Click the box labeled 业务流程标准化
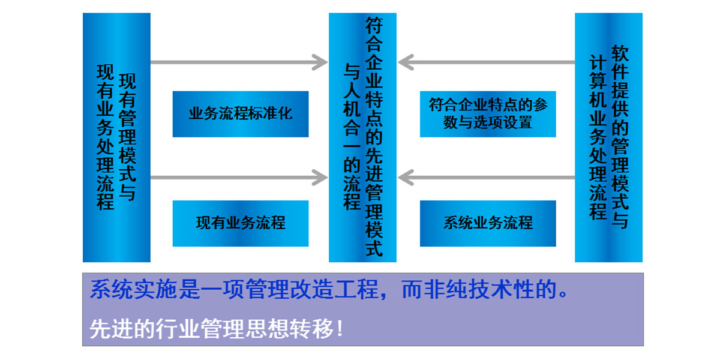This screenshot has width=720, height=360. tap(241, 114)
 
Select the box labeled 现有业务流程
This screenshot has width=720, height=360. tap(241, 223)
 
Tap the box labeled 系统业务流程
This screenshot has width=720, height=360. tap(488, 223)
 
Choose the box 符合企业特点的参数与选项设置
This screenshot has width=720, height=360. tap(488, 114)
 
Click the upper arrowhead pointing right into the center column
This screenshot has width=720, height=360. tap(320, 62)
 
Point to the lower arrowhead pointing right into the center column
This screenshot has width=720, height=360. tap(320, 178)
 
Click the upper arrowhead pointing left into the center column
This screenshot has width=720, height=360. tap(406, 62)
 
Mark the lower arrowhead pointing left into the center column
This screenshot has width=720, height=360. tap(406, 178)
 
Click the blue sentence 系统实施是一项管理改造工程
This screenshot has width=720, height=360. tap(235, 289)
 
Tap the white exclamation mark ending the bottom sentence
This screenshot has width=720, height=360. tap(340, 329)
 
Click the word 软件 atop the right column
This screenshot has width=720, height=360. tap(620, 62)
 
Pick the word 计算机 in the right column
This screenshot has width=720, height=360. tap(598, 82)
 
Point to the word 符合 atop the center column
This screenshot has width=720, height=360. tap(374, 35)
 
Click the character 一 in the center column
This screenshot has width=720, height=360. tap(352, 146)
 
